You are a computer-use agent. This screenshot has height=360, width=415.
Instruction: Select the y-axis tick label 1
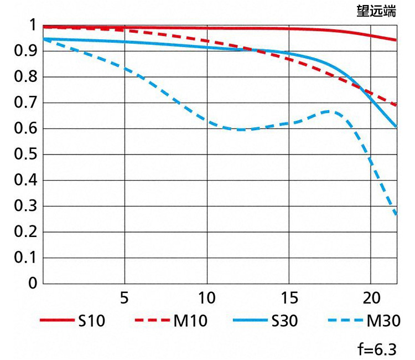(x=32, y=25)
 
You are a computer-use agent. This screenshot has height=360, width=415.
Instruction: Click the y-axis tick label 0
(x=32, y=284)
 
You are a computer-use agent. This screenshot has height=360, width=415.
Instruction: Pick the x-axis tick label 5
(x=124, y=297)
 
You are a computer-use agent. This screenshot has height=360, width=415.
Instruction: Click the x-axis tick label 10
(x=206, y=297)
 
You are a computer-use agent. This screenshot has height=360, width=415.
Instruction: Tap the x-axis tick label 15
(x=288, y=297)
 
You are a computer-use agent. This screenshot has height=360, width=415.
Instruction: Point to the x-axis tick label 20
(x=370, y=297)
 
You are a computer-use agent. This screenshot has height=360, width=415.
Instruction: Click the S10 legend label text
(x=91, y=321)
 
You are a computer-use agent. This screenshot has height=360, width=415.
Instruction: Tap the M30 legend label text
(x=382, y=321)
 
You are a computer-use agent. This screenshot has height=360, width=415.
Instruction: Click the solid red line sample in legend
(x=56, y=321)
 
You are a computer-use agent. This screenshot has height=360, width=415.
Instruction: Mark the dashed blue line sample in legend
(x=344, y=321)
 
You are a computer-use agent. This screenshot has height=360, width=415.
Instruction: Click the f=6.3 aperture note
(x=377, y=349)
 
